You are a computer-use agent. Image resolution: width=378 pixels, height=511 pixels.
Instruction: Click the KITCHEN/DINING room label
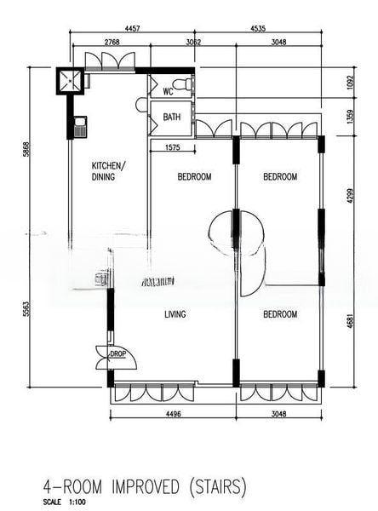[109, 170]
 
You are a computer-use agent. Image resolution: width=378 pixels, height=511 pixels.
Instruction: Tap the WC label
[168, 91]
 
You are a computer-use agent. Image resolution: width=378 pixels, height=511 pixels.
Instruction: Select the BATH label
[171, 117]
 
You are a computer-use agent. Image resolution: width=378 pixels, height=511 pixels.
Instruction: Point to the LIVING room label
[175, 314]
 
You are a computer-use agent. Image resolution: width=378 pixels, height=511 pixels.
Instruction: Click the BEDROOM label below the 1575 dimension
[194, 177]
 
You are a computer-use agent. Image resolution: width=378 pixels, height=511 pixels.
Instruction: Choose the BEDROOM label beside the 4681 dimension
[279, 314]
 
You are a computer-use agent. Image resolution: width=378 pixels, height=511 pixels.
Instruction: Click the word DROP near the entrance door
[117, 353]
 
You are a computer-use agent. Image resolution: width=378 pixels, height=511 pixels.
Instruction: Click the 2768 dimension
[111, 40]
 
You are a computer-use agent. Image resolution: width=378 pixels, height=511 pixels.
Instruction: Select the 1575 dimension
[173, 147]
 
